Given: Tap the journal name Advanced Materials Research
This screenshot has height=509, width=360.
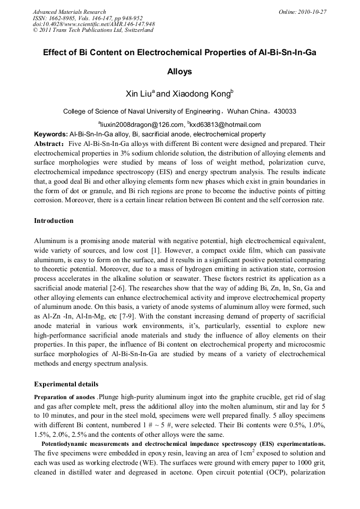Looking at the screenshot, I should pyautogui.click(x=69, y=12).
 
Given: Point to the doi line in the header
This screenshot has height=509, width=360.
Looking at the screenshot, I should pyautogui.click(x=93, y=24).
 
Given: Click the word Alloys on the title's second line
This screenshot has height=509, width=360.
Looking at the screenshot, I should pyautogui.click(x=179, y=71).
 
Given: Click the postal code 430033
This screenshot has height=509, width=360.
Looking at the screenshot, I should pyautogui.click(x=283, y=111).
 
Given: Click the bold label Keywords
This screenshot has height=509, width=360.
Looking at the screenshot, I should pyautogui.click(x=50, y=134).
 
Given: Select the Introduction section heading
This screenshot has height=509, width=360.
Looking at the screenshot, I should pyautogui.click(x=54, y=220).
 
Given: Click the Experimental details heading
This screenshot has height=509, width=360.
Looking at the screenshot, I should pyautogui.click(x=66, y=384).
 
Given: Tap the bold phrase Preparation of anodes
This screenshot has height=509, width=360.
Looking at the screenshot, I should pyautogui.click(x=65, y=396).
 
